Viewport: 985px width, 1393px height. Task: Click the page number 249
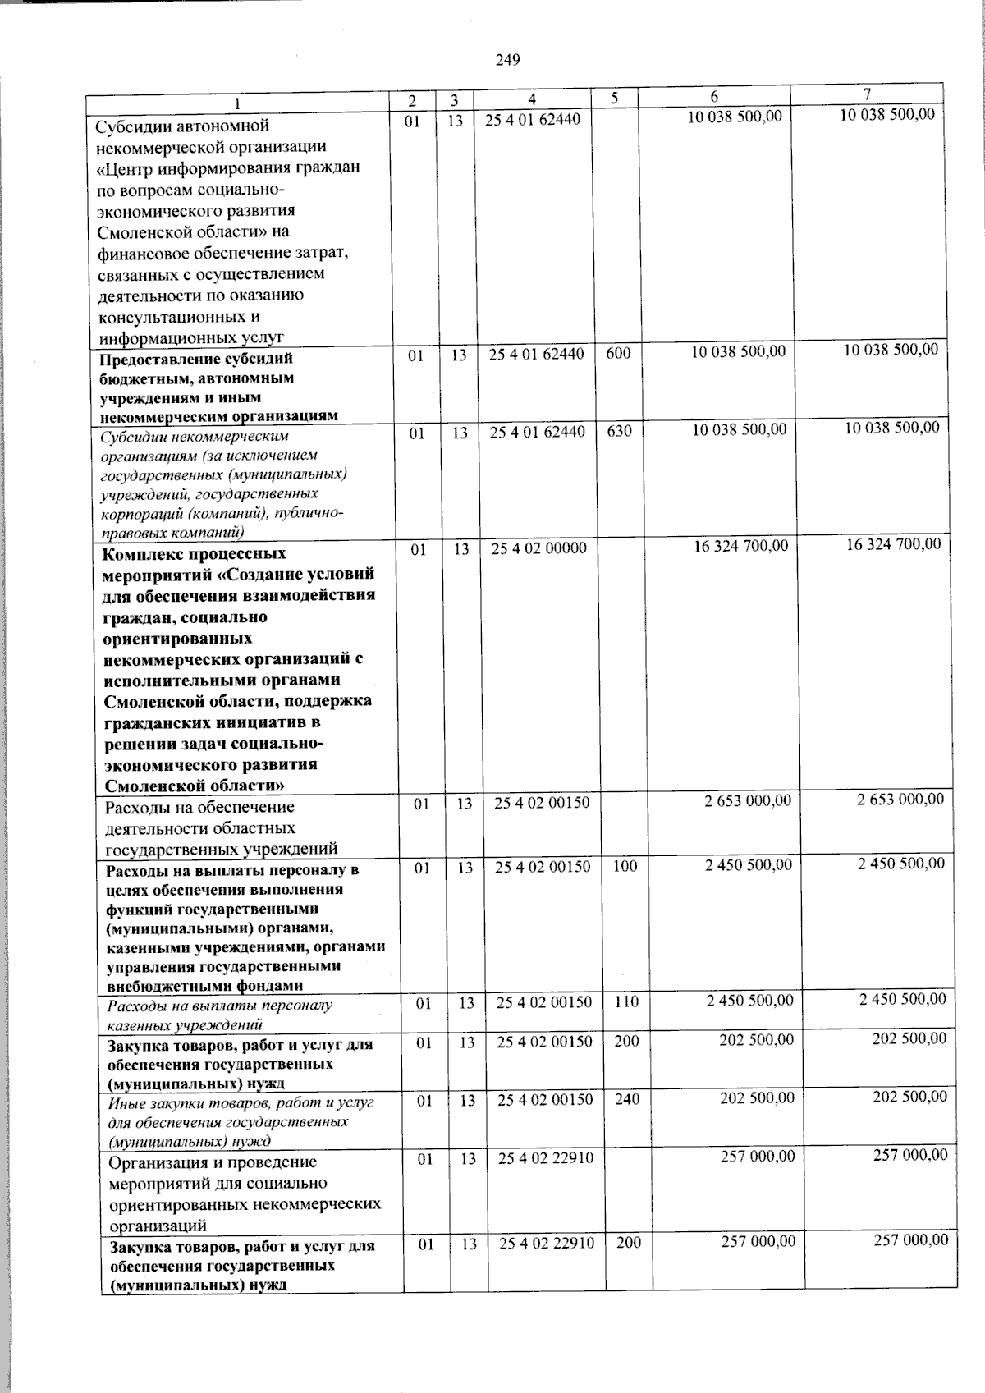pos(508,60)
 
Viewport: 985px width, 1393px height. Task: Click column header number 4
pos(532,99)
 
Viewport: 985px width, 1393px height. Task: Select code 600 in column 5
pos(618,354)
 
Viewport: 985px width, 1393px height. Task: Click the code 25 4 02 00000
pos(538,548)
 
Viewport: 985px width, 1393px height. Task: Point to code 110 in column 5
pos(625,1001)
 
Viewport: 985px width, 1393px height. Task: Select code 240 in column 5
pos(626,1099)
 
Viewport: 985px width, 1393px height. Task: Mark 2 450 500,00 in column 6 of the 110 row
pos(749,1000)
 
